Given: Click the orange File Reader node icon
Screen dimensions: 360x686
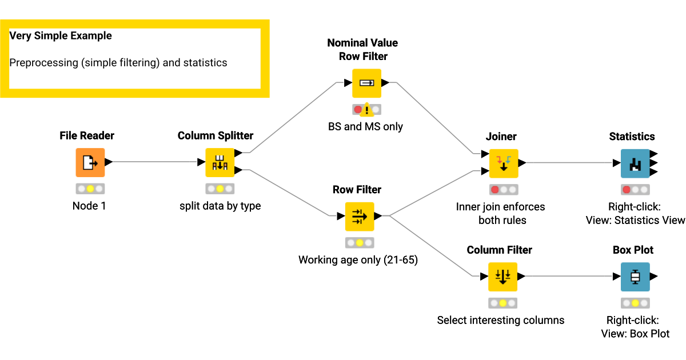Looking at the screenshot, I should coord(90,162).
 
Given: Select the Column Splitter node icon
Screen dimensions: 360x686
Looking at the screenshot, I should coord(220,162).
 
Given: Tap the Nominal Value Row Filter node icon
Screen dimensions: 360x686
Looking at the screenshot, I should coord(366,83).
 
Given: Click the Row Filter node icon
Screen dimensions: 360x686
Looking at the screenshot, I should coord(359,217).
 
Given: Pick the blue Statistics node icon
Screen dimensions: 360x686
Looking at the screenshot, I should coord(635,163).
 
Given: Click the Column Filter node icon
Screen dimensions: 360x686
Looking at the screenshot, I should coord(502,277).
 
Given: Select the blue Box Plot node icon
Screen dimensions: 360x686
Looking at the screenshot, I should coord(635,277).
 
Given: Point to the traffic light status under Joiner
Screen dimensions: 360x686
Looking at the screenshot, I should coord(504,190).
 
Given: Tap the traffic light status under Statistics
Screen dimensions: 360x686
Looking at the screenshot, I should coord(635,190).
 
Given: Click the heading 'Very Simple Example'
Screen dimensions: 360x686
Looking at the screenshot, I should coord(61,36).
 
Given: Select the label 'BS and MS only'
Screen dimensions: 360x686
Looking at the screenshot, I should coord(365,126).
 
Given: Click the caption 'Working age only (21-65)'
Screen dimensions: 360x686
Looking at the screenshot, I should coord(358,260).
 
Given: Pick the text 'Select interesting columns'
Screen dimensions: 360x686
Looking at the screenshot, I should coord(501,320).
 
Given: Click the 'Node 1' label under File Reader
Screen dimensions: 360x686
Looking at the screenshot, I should coord(89,206).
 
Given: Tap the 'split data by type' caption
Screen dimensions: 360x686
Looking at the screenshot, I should coord(220,206).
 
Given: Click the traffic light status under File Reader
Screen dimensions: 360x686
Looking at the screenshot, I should coord(90,189).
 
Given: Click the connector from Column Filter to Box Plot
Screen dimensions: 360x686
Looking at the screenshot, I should coord(569,277).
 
